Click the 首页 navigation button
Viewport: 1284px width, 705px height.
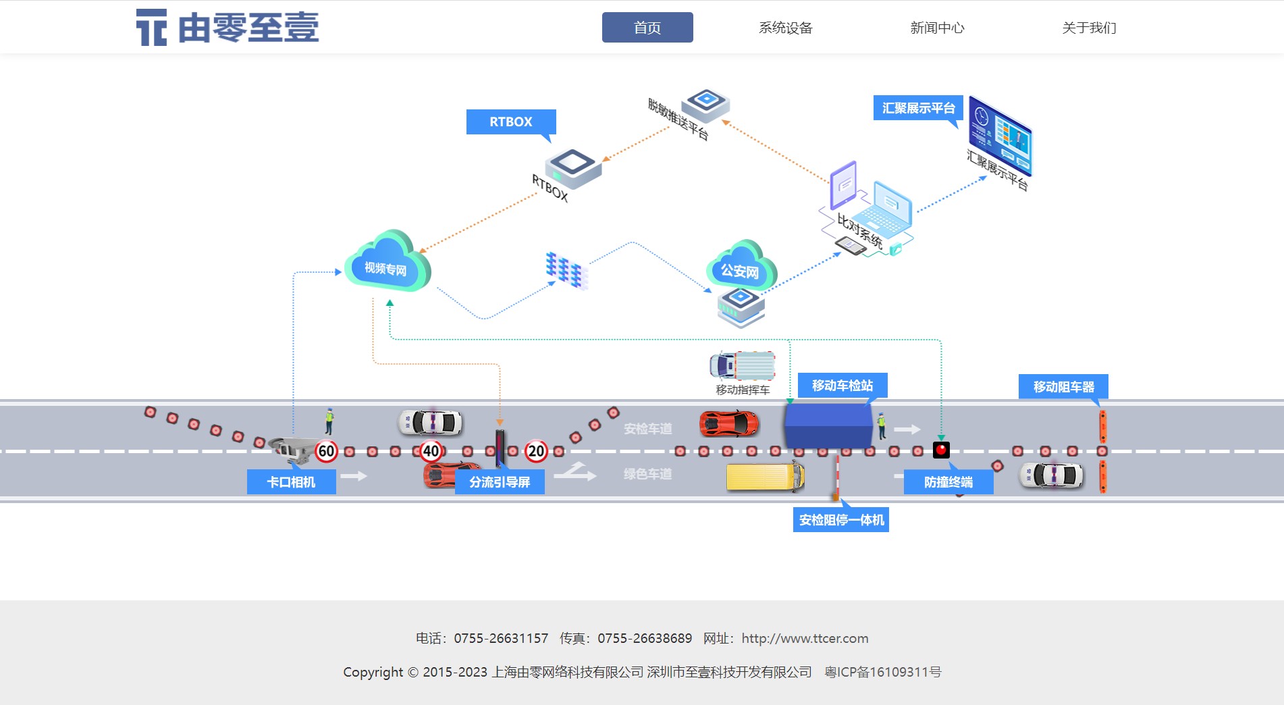tap(647, 28)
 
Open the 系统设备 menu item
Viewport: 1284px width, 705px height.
tap(785, 28)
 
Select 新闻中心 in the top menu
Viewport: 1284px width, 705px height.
tap(937, 28)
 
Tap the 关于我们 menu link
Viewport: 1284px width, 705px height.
tap(1089, 28)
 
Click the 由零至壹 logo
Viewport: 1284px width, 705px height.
tap(228, 28)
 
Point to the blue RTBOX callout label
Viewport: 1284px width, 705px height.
tap(510, 122)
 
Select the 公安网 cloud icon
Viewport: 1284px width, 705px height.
tap(741, 268)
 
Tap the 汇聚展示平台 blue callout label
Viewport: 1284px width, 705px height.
tap(918, 108)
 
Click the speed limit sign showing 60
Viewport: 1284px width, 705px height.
tap(326, 451)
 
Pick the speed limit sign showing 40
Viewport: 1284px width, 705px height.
tap(431, 451)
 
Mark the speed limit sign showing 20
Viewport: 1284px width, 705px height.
tap(536, 451)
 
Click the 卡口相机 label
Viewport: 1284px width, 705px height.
tap(291, 482)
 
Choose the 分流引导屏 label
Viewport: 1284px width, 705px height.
tap(500, 482)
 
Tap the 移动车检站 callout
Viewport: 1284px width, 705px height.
tap(842, 386)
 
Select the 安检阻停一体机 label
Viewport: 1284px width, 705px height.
tap(841, 520)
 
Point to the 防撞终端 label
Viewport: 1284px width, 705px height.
tap(948, 482)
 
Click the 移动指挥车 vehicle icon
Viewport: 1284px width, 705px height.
tap(742, 366)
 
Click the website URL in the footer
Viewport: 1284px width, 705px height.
tap(805, 638)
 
